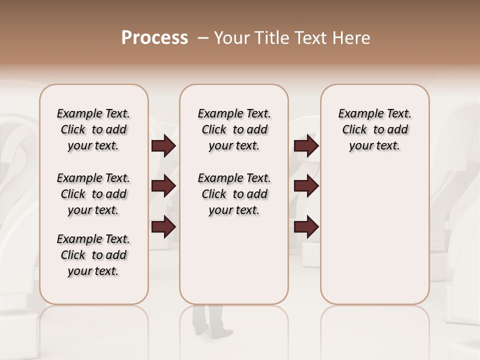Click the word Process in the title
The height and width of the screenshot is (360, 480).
pos(154,38)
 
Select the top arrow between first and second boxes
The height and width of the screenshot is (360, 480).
pos(163,146)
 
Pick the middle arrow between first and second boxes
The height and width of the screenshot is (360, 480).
pos(163,186)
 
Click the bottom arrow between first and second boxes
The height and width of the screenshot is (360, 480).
pos(163,227)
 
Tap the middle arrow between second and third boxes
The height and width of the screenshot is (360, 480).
pos(306,186)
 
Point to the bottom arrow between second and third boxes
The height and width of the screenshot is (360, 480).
pos(306,227)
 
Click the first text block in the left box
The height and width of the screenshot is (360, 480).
pos(93,129)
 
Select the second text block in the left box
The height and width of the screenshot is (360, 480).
pos(93,194)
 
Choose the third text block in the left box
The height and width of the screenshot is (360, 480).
pos(93,255)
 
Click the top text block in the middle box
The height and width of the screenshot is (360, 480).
pos(234,129)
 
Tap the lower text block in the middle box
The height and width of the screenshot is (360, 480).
pos(234,194)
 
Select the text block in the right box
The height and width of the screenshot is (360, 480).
pos(375,129)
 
